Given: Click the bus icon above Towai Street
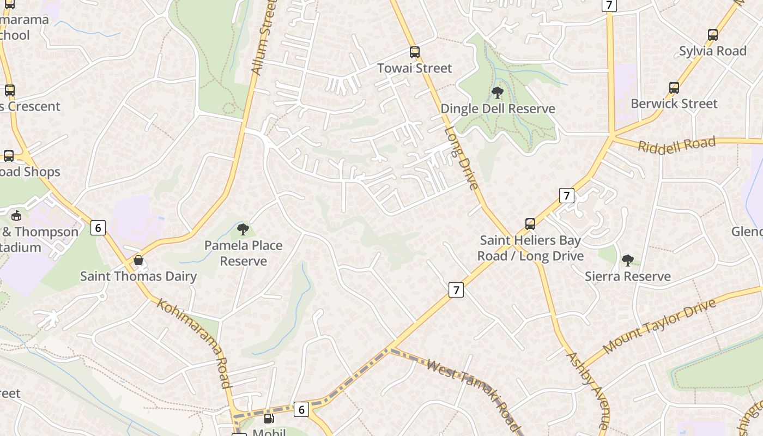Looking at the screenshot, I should [415, 52].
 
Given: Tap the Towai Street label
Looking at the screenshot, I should [415, 68].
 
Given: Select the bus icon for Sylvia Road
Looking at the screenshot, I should [712, 35].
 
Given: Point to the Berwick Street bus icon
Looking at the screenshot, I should [674, 88].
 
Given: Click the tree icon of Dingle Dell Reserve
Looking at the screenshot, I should [497, 93].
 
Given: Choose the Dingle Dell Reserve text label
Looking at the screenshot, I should [498, 108].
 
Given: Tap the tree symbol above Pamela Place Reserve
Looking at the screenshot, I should [243, 229].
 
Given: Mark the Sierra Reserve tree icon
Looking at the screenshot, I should [628, 261].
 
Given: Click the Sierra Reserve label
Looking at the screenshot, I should [628, 276].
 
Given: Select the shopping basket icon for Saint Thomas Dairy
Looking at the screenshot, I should [138, 261].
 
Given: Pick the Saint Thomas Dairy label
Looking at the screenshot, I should [138, 276].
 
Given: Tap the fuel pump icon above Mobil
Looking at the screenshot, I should [269, 419].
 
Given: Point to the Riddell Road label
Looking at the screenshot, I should [676, 146].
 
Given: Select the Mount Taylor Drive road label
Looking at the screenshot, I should [659, 326].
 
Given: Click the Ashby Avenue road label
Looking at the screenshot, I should [588, 390].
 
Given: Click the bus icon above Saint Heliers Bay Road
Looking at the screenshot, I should [530, 223].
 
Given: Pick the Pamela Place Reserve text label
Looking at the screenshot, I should [243, 253].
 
